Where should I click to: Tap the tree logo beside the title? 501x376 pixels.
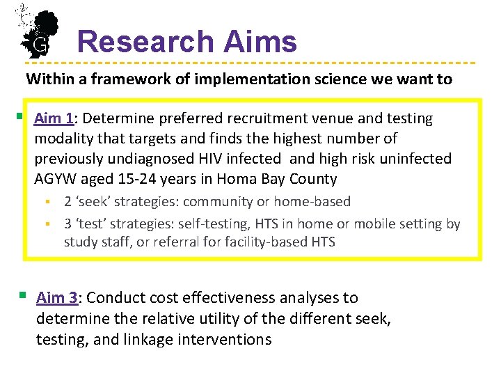click(x=38, y=31)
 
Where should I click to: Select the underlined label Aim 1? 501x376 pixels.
click(x=54, y=118)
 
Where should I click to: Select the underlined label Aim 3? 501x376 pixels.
click(x=56, y=298)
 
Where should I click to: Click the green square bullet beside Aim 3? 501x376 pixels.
click(x=24, y=296)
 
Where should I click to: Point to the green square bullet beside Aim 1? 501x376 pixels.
click(x=21, y=116)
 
